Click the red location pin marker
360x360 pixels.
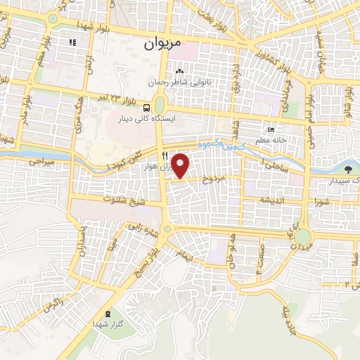tap(181, 165)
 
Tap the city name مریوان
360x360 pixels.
tap(162, 44)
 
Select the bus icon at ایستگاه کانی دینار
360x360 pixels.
tap(146, 108)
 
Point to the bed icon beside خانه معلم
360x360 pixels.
tap(272, 130)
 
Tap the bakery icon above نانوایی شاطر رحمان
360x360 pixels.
tap(180, 71)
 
